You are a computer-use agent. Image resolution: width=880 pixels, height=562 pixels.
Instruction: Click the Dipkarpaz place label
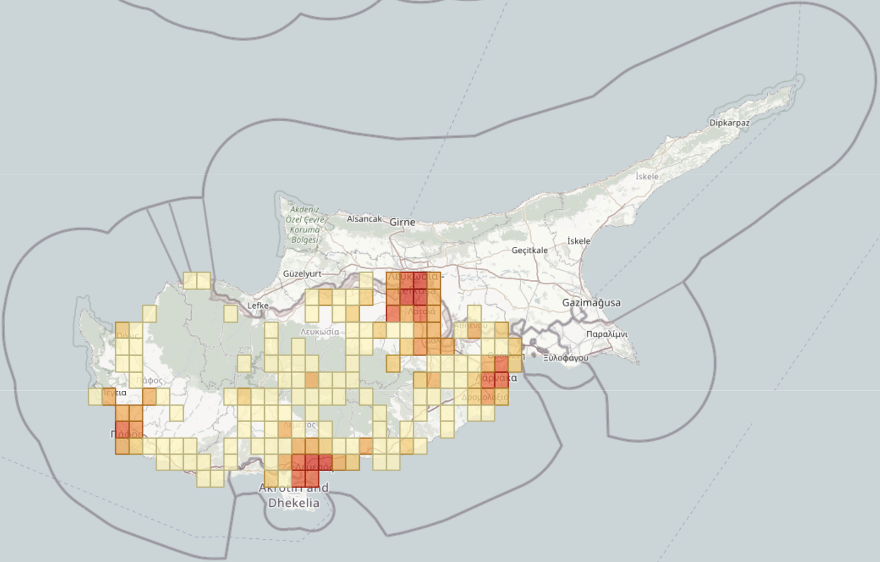coord(729,122)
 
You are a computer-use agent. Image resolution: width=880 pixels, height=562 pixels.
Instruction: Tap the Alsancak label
coord(364,219)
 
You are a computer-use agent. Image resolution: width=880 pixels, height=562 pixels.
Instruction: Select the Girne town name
coord(402,222)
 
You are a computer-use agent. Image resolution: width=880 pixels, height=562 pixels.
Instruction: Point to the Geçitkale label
coord(530,250)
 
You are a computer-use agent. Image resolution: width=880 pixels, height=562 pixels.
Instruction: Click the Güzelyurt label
coord(302,274)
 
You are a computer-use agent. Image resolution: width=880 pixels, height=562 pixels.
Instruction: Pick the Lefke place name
coord(258,305)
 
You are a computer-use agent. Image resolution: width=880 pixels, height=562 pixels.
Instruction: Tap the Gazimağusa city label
coord(591,303)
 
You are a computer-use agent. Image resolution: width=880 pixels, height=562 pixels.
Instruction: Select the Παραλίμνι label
coord(606,334)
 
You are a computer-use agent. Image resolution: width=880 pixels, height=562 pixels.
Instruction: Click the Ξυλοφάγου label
coord(565,358)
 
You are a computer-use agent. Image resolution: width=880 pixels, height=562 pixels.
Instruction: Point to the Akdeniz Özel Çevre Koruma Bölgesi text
coord(305,225)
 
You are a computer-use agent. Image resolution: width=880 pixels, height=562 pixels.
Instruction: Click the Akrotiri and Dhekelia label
coord(293,495)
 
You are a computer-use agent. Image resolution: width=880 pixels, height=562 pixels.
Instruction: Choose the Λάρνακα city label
coord(496,378)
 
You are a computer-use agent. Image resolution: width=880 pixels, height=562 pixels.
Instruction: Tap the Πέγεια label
coord(114,392)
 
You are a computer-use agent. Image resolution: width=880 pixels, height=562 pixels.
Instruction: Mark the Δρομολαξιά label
coord(485,397)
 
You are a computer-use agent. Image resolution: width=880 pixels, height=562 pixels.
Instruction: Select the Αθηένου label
coord(470,326)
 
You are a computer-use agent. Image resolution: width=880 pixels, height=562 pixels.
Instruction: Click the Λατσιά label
coord(421,311)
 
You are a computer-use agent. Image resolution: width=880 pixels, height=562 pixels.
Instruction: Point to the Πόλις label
coord(127,336)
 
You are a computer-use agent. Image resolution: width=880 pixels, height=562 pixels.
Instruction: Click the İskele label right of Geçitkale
coord(579,241)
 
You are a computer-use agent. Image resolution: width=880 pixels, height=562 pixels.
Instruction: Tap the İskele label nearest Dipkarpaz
coord(647,177)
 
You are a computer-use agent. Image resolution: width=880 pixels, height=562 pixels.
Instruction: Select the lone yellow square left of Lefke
coord(231,313)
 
